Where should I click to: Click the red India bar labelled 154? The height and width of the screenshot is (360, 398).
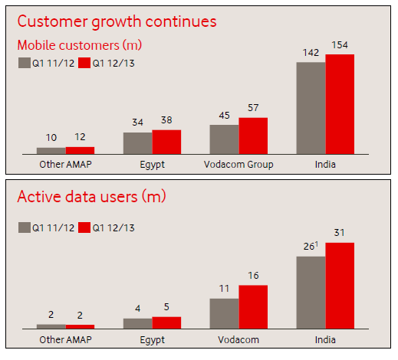(x=340, y=104)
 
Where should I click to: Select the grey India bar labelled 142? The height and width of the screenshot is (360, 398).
(x=311, y=108)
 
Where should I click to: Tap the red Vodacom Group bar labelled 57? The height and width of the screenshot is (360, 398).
(x=253, y=136)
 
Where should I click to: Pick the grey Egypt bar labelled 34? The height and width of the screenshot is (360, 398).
(x=138, y=143)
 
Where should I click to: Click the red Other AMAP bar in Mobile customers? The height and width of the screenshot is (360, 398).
(x=80, y=150)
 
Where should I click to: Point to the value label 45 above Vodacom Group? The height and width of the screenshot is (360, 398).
(x=224, y=116)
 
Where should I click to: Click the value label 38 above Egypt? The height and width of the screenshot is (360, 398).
(x=166, y=120)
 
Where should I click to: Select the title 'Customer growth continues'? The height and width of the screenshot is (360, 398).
(x=117, y=21)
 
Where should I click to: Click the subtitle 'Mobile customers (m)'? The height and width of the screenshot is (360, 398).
(x=80, y=45)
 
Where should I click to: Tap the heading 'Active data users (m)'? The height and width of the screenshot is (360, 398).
(x=91, y=197)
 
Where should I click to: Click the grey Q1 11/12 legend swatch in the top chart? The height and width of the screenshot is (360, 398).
(x=25, y=63)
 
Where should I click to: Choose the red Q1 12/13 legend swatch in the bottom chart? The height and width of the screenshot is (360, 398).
(x=84, y=227)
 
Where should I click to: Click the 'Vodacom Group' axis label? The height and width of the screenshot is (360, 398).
(x=238, y=165)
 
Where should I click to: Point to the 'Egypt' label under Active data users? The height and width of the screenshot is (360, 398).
(x=152, y=340)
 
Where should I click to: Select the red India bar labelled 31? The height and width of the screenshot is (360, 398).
(x=340, y=286)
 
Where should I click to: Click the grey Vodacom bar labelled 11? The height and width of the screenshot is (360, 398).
(x=224, y=313)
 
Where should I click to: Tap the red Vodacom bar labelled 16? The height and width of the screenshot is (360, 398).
(x=253, y=307)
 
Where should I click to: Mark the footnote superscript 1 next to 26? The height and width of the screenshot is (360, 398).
(x=317, y=244)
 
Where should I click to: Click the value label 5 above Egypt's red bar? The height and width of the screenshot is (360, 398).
(x=166, y=307)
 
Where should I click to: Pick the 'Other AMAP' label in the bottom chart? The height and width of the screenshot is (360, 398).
(x=65, y=340)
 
